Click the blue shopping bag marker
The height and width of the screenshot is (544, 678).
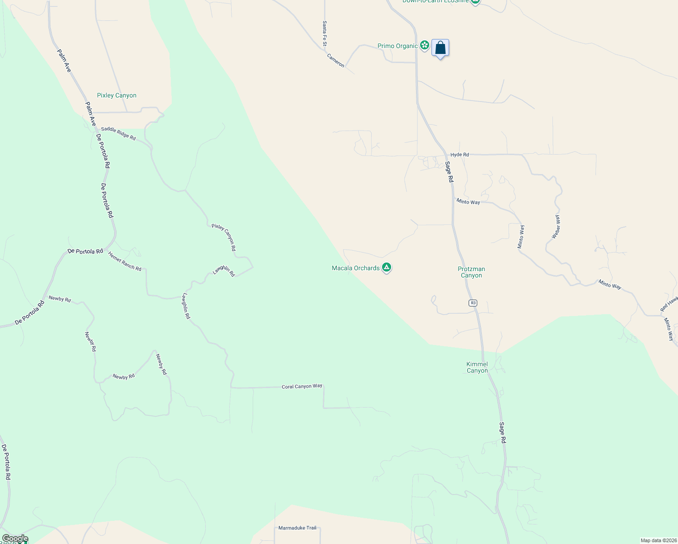pyautogui.click(x=440, y=48)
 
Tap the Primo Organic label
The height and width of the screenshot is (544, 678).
pyautogui.click(x=397, y=46)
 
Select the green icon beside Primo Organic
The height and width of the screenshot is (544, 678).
pyautogui.click(x=424, y=45)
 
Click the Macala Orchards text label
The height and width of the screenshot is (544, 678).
pyautogui.click(x=355, y=268)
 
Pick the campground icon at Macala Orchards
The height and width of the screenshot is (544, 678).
pyautogui.click(x=387, y=267)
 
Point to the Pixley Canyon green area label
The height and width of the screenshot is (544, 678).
pyautogui.click(x=116, y=95)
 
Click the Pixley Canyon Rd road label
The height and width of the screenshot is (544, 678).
pyautogui.click(x=224, y=238)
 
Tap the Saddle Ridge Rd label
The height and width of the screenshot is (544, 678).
pyautogui.click(x=118, y=133)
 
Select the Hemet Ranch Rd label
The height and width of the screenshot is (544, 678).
pyautogui.click(x=125, y=262)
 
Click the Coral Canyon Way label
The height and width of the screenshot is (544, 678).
pyautogui.click(x=302, y=386)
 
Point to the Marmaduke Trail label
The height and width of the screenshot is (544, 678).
pyautogui.click(x=297, y=528)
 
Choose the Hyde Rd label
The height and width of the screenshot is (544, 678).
pyautogui.click(x=460, y=155)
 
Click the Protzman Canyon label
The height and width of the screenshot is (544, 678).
pyautogui.click(x=471, y=272)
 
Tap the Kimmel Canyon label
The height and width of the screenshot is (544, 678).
pyautogui.click(x=477, y=367)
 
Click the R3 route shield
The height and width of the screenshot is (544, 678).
pyautogui.click(x=473, y=303)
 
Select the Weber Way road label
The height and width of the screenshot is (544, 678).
pyautogui.click(x=556, y=227)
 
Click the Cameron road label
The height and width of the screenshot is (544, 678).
pyautogui.click(x=336, y=60)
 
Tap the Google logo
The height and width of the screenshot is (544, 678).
pyautogui.click(x=15, y=539)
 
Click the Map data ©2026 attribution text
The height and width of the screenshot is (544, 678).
pyautogui.click(x=658, y=540)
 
